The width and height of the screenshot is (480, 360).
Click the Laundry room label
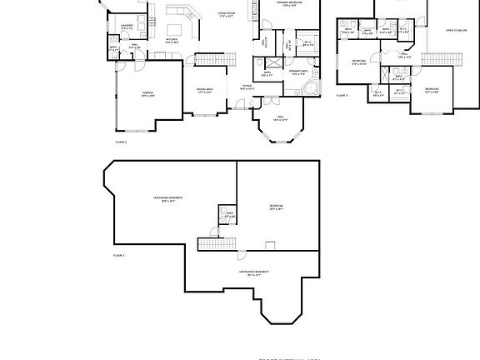tap(127, 26)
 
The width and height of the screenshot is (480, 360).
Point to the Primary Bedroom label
tap(290, 4)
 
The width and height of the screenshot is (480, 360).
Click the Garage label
tap(147, 93)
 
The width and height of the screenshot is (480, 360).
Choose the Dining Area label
tap(204, 89)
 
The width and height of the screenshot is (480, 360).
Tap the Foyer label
tap(247, 86)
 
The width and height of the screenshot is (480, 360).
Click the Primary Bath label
tap(298, 72)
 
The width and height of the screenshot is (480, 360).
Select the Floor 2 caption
tap(120, 142)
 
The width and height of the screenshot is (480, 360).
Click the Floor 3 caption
tap(342, 96)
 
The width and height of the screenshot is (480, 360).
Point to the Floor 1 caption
tap(118, 255)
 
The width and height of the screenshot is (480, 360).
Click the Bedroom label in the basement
tap(276, 207)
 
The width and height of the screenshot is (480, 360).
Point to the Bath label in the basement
tap(229, 214)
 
